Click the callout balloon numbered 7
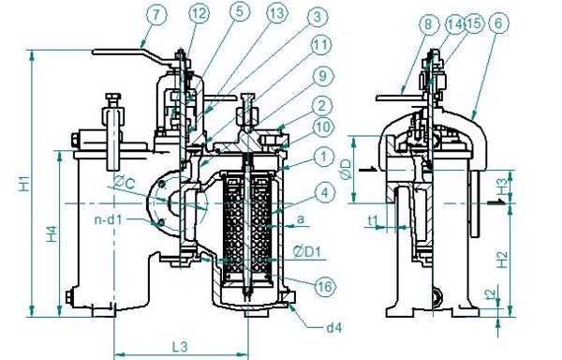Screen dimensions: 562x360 pos(156,15)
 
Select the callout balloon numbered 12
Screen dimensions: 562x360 pos(199,13)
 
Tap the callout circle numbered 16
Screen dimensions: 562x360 pos(325,286)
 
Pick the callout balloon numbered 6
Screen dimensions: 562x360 pos(498,23)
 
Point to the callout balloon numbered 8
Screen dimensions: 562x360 pos(428,24)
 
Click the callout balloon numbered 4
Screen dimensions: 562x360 pos(324,192)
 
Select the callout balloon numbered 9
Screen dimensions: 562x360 pos(323,76)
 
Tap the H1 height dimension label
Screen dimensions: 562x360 pos(24,183)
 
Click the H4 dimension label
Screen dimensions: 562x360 pos(52,233)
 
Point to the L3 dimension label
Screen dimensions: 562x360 pos(180,347)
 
